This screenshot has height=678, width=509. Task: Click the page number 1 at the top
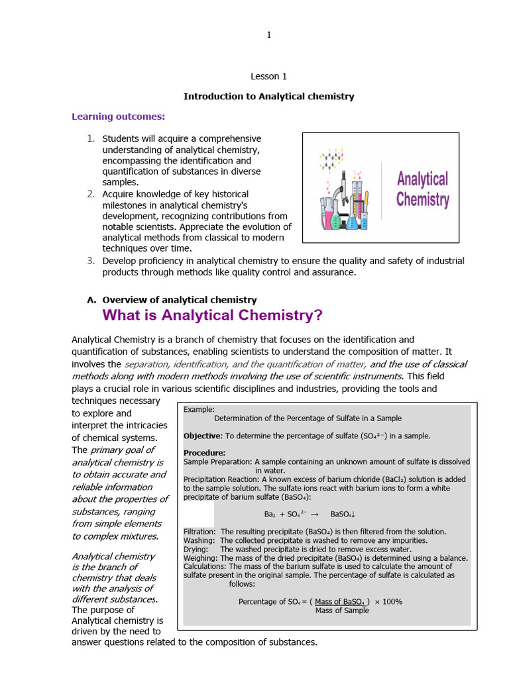pos(268,35)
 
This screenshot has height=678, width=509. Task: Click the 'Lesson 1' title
pos(268,76)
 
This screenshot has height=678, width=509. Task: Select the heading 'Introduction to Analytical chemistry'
pos(268,96)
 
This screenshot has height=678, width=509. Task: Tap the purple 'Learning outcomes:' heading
pos(118,117)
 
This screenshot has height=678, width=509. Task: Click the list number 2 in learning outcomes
pos(91,194)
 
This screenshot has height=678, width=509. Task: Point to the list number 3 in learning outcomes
pos(91,260)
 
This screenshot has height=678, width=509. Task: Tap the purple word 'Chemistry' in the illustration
pos(422,199)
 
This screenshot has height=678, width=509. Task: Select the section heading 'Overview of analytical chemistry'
pos(180,300)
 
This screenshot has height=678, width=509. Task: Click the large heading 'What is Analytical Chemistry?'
pos(212,315)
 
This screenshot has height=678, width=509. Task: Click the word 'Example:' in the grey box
pos(199,409)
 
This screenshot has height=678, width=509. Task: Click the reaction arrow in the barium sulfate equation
pos(315,514)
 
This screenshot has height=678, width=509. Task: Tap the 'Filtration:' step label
pos(199,532)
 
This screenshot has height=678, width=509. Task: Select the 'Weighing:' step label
pos(199,557)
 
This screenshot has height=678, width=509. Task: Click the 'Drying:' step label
pos(196,549)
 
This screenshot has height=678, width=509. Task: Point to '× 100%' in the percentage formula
pos(388,601)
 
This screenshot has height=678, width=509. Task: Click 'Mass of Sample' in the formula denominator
pos(342,610)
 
